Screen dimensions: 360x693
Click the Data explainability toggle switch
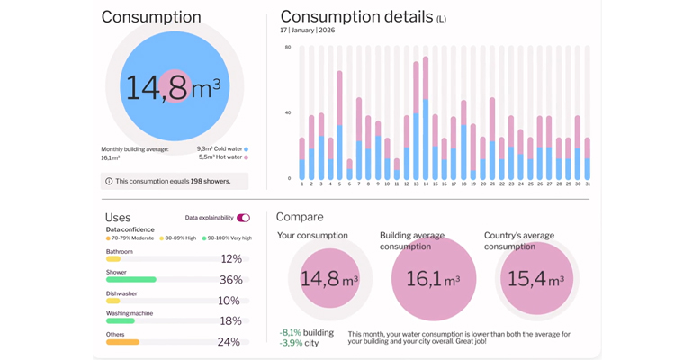pos(243,218)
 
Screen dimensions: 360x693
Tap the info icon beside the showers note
pos(109,181)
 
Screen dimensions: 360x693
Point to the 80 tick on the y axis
pos(288,47)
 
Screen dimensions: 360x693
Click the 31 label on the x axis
pos(587,184)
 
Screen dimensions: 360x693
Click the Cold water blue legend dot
pos(246,149)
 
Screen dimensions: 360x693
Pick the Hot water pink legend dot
pos(246,157)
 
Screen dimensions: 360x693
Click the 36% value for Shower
pos(230,280)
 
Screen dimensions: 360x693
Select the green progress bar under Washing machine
pos(121,320)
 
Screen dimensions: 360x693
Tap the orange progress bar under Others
pos(122,342)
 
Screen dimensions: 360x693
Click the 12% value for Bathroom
pos(230,259)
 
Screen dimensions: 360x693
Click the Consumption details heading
pos(357,17)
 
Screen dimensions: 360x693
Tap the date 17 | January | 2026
pos(307,31)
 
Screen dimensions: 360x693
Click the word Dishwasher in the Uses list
pos(121,293)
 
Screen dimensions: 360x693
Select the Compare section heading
pos(300,217)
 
